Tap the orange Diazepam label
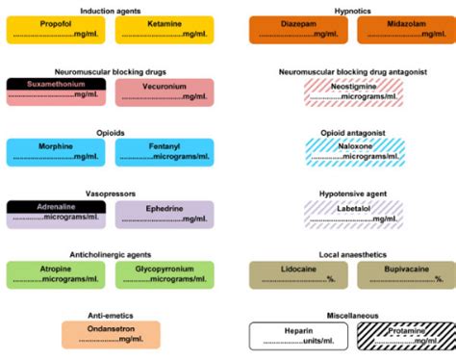point(297,30)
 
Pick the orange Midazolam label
point(405,30)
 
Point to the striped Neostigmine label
point(351,91)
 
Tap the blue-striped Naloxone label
point(351,152)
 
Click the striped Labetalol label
point(351,213)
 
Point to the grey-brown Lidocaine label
point(297,274)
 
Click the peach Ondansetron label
point(110,334)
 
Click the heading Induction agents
point(109,8)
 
